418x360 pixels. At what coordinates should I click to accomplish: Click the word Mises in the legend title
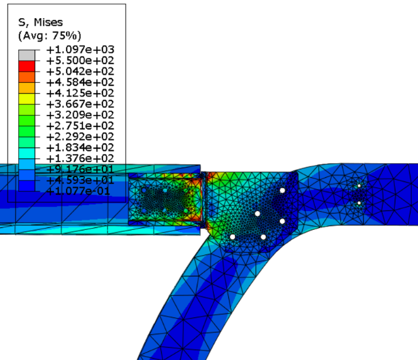pyautogui.click(x=48, y=22)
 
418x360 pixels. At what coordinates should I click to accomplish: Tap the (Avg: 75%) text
pyautogui.click(x=50, y=35)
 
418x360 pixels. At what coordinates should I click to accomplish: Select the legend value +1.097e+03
pyautogui.click(x=80, y=50)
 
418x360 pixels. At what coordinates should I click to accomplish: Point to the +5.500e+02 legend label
pyautogui.click(x=80, y=60)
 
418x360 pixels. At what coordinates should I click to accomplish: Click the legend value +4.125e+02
pyautogui.click(x=80, y=93)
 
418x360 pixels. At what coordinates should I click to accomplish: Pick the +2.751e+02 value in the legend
pyautogui.click(x=80, y=126)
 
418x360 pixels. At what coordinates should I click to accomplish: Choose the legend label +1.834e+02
pyautogui.click(x=80, y=148)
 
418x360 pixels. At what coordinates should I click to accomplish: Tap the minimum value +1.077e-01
pyautogui.click(x=78, y=191)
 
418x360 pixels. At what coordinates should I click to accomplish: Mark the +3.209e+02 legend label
pyautogui.click(x=80, y=115)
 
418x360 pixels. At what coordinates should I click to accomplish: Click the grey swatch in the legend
pyautogui.click(x=26, y=55)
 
